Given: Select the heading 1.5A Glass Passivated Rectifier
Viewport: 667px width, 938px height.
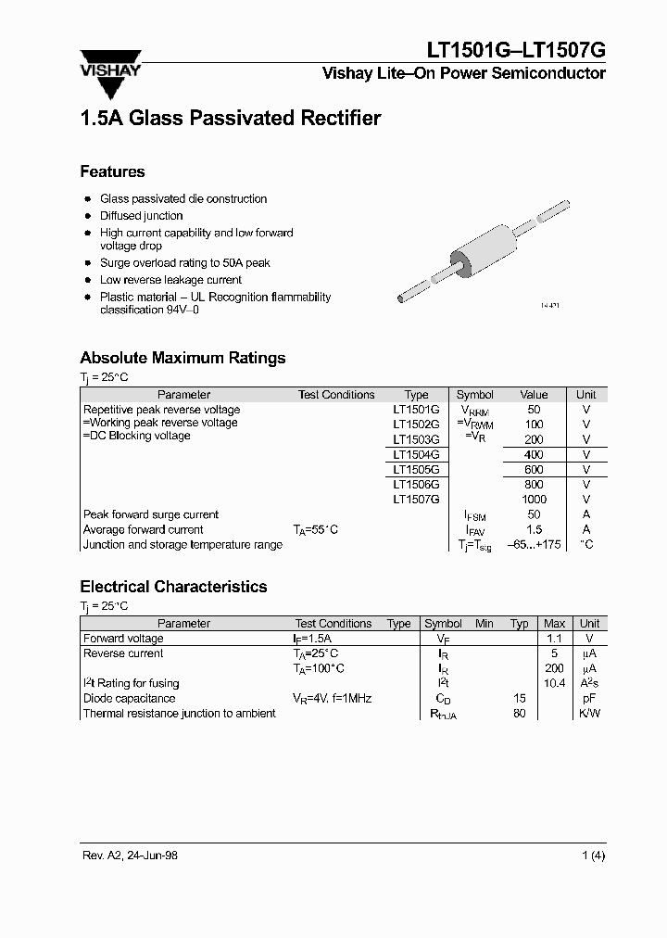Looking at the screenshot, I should [x=231, y=119].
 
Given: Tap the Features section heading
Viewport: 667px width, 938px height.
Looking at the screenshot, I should [x=112, y=171].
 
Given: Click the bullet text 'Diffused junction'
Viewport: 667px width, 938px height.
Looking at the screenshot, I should [x=142, y=216].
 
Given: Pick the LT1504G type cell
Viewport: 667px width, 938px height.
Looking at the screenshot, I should [x=416, y=455].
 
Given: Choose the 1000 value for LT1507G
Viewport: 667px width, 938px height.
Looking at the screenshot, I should [x=535, y=500].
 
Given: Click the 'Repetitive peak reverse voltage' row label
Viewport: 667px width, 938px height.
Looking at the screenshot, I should [x=161, y=410].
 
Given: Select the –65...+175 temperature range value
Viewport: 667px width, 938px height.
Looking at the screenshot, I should [x=535, y=545].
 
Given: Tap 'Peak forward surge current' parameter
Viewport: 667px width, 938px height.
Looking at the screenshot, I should [x=151, y=514].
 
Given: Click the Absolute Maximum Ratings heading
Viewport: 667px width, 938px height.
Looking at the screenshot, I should [x=182, y=358].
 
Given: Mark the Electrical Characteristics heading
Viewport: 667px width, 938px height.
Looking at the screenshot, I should [x=173, y=587].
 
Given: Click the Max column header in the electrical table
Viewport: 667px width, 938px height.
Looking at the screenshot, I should [x=554, y=624].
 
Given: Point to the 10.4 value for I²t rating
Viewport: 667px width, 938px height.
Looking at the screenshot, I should [x=554, y=683].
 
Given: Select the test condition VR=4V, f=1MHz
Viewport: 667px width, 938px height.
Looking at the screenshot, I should [x=332, y=698].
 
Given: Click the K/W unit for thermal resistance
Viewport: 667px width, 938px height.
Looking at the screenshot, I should [x=589, y=714].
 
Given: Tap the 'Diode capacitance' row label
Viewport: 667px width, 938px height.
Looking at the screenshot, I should [x=129, y=698].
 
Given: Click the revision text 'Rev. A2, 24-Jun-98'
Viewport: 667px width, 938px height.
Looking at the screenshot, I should [x=129, y=856].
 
